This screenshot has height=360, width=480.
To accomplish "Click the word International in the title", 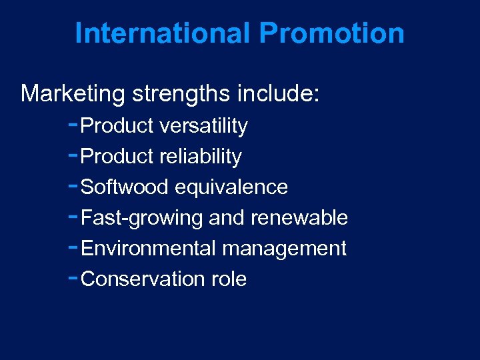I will pos(163,33).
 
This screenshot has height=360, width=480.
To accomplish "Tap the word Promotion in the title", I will pos(331,33).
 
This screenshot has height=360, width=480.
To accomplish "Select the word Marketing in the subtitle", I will pos(73,94).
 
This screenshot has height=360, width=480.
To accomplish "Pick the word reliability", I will pos(201,157).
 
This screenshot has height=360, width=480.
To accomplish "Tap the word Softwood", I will pos(124,187).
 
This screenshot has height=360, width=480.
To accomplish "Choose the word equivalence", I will pos(231,187).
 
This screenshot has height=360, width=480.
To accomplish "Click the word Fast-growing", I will pos(142,218).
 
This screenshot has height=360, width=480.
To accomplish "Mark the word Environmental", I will pos(148,249).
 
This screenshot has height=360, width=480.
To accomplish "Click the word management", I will pos(284,249).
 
